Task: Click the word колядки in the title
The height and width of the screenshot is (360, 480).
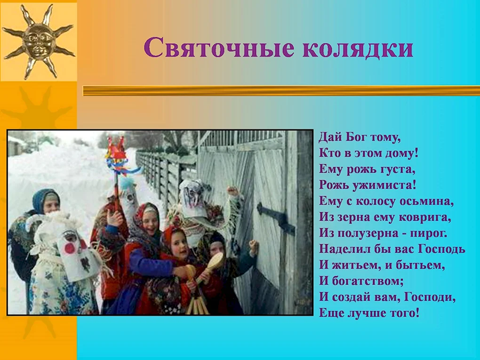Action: click(x=358, y=48)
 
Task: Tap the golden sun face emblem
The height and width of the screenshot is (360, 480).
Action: click(x=38, y=41)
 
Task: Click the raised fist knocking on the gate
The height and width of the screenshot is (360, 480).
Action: click(x=254, y=245)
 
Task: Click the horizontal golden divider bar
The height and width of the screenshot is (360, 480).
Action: click(x=281, y=91)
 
